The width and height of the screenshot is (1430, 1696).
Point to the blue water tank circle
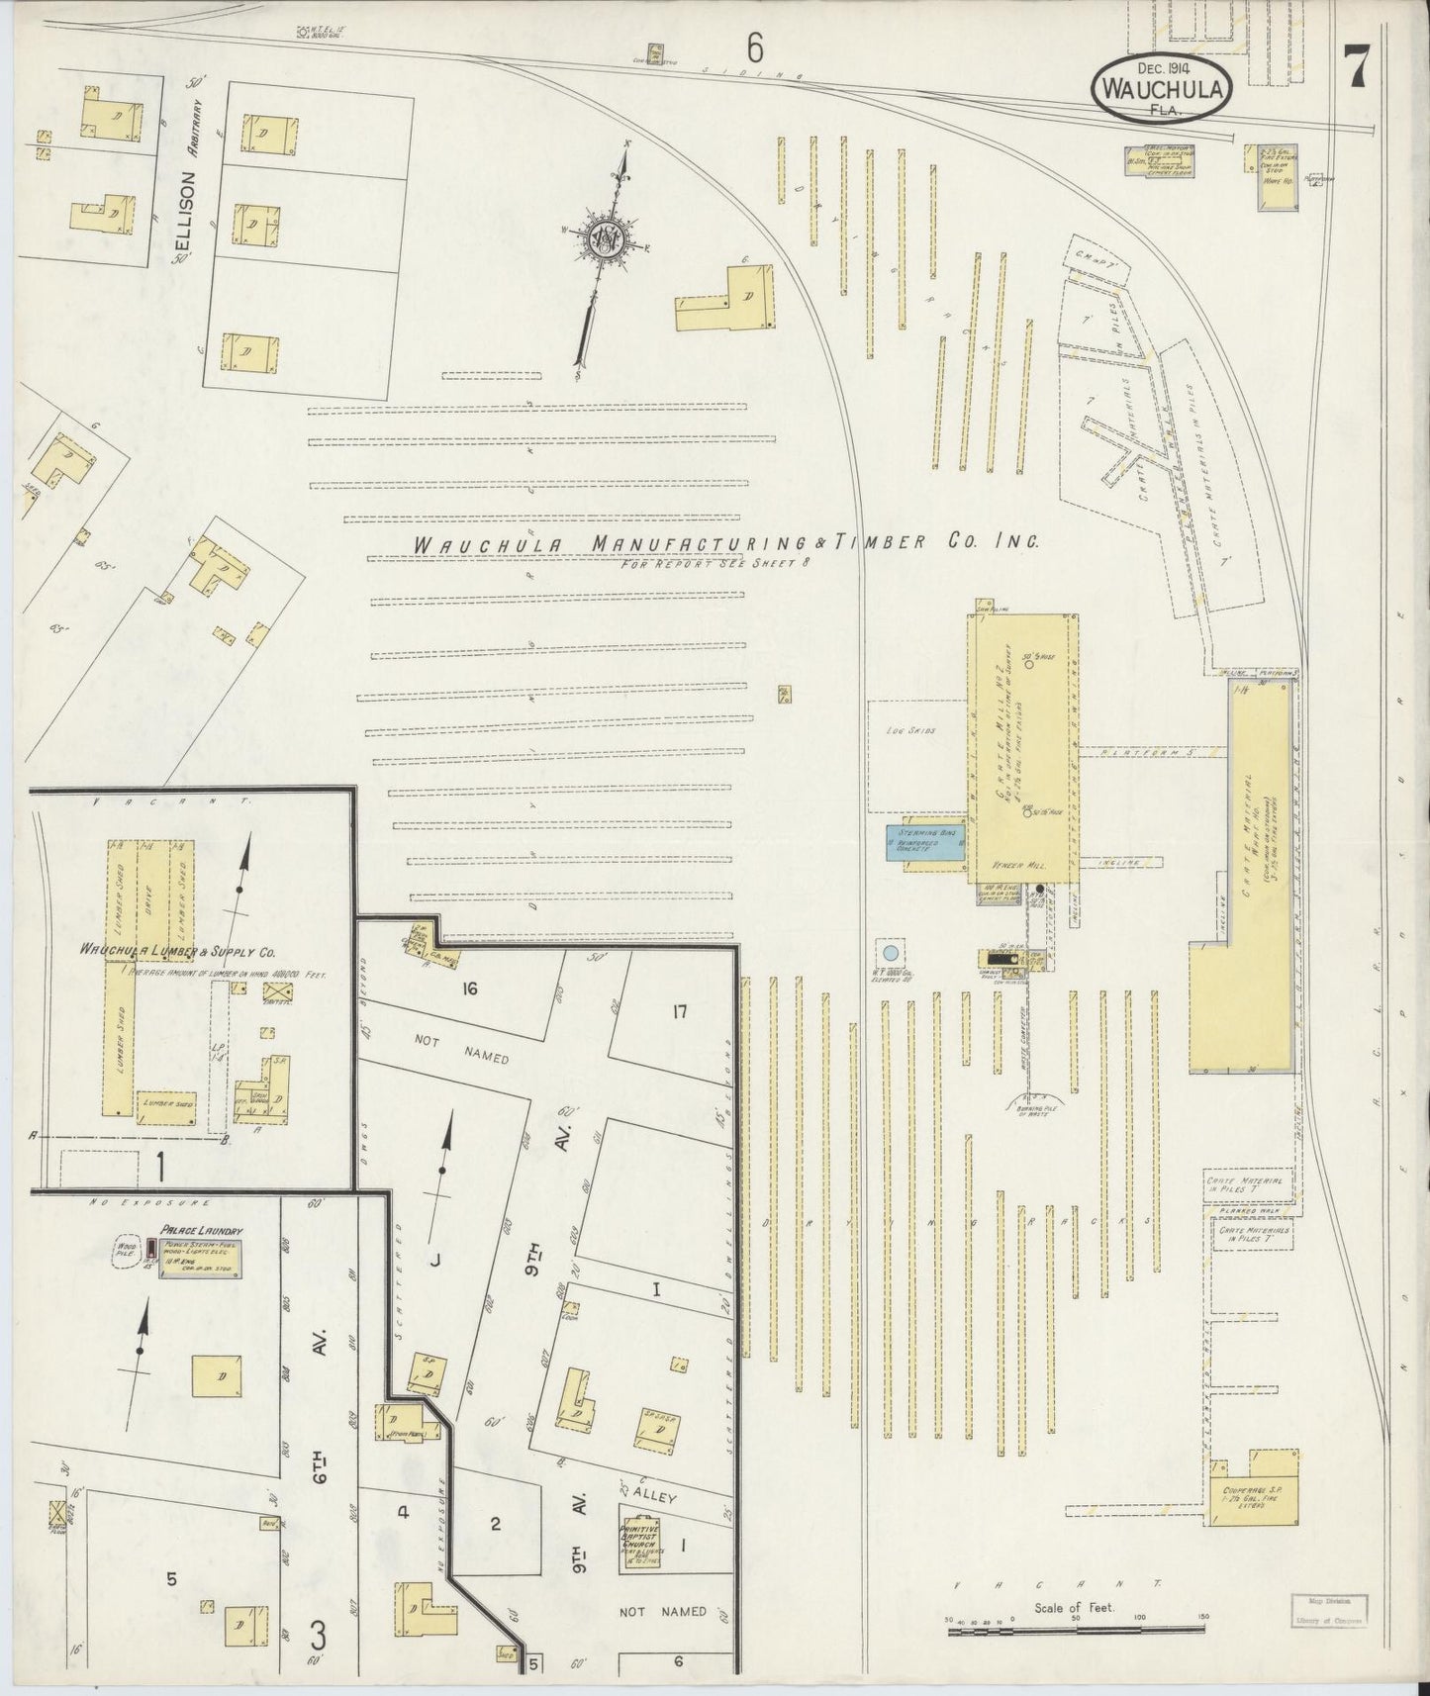(x=890, y=954)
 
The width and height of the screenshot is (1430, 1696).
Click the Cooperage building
(x=1254, y=1487)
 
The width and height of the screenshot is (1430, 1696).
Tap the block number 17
(x=678, y=1011)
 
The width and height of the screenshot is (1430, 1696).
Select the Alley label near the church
(x=655, y=1497)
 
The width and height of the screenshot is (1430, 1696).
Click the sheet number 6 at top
(x=756, y=47)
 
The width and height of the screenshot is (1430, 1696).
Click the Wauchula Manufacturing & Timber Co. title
(x=724, y=543)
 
